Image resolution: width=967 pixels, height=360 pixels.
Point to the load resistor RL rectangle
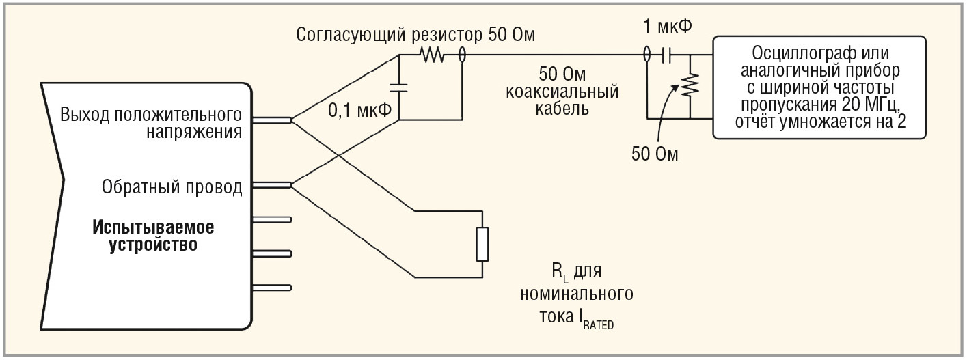(482, 244)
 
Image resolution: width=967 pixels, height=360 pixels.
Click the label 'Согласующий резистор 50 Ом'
(415, 35)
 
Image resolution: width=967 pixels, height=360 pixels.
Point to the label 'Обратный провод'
(172, 186)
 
